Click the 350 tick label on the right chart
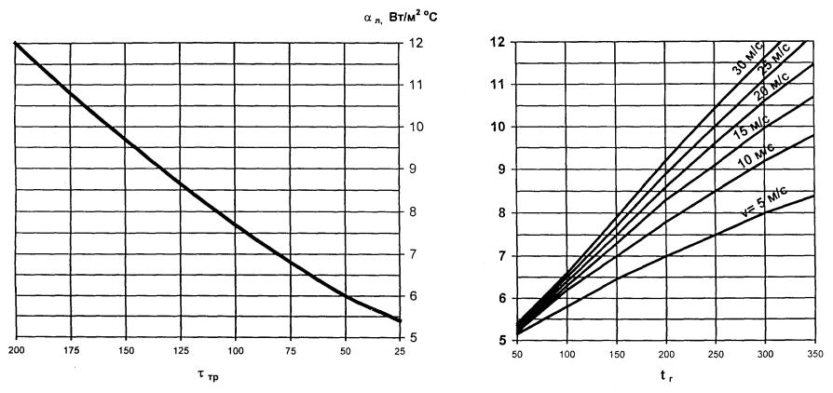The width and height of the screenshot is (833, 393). point(813,356)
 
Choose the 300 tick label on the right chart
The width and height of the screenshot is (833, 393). point(763,356)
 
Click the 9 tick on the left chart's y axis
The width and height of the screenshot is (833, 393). point(414,169)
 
